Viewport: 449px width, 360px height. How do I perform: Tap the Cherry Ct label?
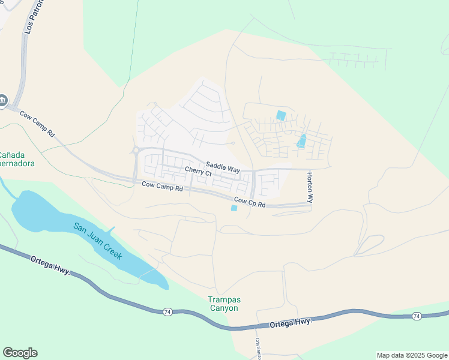198,172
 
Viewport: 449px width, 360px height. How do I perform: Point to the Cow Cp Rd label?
250,202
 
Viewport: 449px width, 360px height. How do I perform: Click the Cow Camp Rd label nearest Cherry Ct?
162,187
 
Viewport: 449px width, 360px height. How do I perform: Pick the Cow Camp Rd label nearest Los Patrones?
37,123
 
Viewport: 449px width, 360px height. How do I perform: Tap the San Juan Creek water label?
98,241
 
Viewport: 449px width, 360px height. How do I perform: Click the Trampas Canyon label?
223,304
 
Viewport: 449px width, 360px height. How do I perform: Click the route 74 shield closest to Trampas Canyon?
167,311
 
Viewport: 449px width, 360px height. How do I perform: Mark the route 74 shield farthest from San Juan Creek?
416,316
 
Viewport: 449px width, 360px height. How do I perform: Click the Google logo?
20,352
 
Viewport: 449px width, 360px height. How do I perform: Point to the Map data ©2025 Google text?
412,355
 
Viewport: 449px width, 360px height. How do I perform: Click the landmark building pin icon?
3,100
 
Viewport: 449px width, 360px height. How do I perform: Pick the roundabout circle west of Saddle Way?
136,151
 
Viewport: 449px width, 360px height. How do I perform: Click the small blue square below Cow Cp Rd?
234,208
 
